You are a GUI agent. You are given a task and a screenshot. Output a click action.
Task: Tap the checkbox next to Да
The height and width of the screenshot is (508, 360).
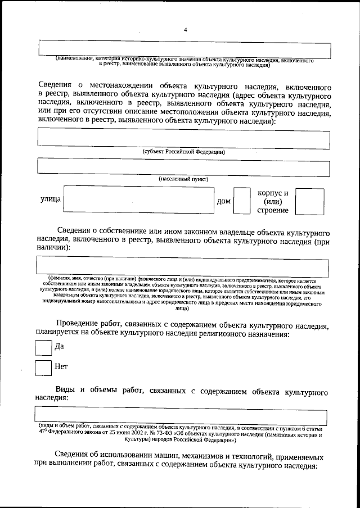coord(43,347)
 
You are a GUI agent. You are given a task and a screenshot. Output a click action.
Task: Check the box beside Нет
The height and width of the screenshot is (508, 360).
coord(43,368)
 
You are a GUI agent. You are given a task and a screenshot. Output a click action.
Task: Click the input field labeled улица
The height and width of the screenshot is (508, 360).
coord(139,201)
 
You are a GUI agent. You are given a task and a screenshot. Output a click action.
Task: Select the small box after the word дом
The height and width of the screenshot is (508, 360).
coord(242,201)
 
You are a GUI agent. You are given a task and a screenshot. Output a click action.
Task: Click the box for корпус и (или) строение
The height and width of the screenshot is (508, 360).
coord(309,201)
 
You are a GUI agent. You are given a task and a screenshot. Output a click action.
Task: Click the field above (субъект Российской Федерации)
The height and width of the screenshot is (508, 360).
coord(183,138)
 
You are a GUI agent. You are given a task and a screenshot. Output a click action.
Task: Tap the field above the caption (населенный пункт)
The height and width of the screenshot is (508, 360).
coord(183,167)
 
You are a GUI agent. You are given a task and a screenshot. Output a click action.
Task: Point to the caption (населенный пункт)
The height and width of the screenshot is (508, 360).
coord(183,179)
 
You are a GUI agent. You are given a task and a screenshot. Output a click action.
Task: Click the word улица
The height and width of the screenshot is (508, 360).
coord(50,201)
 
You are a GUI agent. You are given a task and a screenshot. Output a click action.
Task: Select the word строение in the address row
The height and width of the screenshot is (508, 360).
coord(273,211)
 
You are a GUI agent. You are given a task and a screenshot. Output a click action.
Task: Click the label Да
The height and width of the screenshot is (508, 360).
coord(59,347)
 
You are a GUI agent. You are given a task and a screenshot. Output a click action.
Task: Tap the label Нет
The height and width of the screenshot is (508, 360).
coord(61,367)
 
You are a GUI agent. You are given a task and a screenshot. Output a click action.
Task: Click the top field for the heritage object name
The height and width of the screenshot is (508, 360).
coord(183,48)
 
